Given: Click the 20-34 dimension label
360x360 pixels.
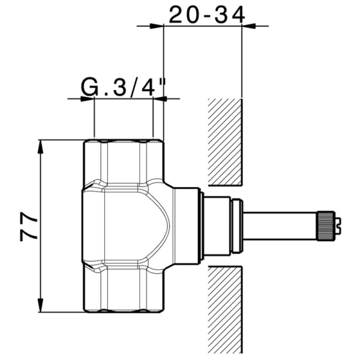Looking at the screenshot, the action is pos(207,14).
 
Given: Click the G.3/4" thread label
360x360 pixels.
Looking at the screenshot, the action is pos(124,88).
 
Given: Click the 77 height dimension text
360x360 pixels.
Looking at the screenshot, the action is pos(29,227).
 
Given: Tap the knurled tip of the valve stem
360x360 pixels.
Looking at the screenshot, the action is pos(325,226).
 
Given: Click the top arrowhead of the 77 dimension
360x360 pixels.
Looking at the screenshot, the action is pos(41,146).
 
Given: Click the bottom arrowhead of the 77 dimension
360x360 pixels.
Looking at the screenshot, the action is pos(41,305).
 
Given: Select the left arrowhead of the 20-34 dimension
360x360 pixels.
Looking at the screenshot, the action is pos(157,26).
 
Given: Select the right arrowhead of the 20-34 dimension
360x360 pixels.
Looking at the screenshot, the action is pos(249,26).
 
